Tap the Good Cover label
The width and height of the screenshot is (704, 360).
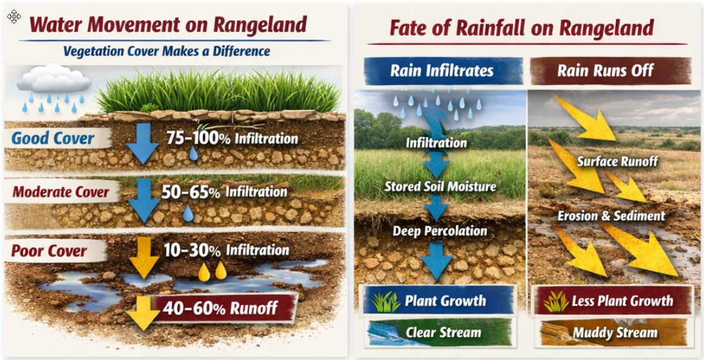point(53,137)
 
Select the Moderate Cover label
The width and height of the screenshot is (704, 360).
point(61,192)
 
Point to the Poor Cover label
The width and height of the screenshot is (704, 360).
point(49,251)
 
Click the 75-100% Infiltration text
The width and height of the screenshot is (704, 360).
point(232,138)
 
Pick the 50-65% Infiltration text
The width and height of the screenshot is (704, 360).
point(224,192)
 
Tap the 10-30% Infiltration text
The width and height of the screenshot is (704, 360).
point(226,250)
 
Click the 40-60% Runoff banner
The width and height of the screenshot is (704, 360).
point(224,308)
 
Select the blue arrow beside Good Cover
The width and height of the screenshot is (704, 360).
point(142,142)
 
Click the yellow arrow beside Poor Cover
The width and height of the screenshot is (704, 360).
point(144,258)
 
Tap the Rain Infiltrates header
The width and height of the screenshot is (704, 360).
point(442,71)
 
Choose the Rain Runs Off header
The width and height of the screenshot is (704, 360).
point(611,71)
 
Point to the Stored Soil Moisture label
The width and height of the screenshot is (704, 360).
point(440,186)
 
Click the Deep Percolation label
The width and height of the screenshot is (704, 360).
point(440,231)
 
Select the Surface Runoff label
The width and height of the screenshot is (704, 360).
point(617,162)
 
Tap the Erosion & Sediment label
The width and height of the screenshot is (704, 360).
point(611,216)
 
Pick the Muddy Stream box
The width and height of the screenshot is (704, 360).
point(611,332)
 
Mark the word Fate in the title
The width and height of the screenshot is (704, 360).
point(413,28)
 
